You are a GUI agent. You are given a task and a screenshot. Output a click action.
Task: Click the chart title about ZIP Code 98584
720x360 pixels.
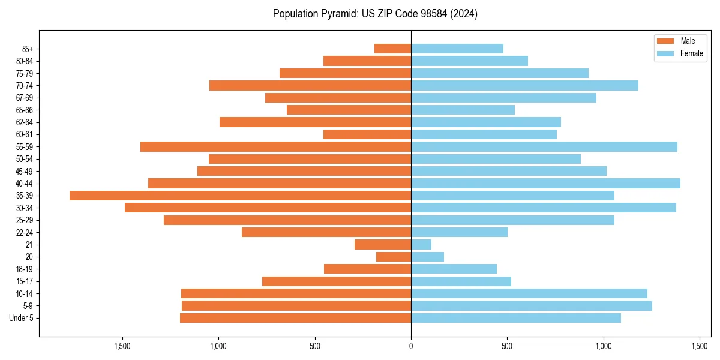pos(375,14)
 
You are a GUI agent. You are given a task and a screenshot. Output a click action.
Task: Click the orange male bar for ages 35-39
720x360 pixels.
pos(240,196)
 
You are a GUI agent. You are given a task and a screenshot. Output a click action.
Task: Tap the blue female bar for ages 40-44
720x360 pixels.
pos(545,184)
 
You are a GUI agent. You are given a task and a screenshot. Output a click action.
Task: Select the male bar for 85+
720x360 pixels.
pos(392,49)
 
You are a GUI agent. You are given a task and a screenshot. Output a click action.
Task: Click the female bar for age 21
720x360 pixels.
pos(421,245)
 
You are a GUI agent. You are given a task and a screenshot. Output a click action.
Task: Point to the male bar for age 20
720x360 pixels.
pos(394,257)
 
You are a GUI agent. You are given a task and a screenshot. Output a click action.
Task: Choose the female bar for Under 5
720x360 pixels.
pos(516,318)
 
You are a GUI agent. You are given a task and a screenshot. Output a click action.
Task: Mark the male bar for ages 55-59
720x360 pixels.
pos(275,147)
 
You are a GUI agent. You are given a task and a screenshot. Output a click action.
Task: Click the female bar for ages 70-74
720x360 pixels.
pos(524,86)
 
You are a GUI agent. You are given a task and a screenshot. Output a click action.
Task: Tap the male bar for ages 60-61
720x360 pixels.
pos(367,134)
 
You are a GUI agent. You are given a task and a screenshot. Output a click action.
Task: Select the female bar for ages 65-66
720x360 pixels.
pos(463,110)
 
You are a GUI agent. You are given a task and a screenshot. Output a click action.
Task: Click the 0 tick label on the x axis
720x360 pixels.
pos(411,346)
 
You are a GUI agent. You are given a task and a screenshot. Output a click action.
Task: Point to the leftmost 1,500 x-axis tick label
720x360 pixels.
pos(122,346)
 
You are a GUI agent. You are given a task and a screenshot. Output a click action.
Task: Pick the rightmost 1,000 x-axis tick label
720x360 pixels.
pos(604,346)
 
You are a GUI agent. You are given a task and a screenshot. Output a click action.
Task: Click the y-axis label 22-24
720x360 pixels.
pos(25,233)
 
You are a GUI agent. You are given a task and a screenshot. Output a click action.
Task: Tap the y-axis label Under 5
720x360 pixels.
pos(22,318)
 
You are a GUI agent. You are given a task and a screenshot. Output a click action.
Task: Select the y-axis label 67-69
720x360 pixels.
pos(25,98)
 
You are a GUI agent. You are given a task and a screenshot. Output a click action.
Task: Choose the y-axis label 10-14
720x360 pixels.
pos(25,294)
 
